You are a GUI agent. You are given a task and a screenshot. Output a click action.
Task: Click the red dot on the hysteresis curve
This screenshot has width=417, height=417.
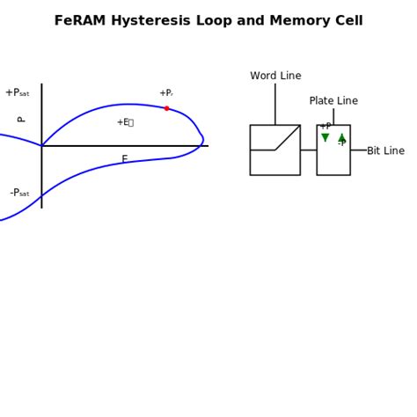coord(166,108)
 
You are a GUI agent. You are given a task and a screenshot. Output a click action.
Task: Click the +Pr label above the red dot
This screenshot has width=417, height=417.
coord(165,93)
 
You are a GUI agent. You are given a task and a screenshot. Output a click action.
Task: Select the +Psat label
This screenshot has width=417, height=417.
coord(17,93)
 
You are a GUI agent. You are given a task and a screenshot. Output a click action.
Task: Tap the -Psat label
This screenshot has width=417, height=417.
coord(19,193)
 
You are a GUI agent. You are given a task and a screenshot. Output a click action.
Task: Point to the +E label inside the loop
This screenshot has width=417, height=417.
coord(124,122)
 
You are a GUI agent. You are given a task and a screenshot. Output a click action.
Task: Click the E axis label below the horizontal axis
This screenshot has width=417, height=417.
coord(124,159)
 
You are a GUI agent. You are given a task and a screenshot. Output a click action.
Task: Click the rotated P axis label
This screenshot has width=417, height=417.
coord(21,120)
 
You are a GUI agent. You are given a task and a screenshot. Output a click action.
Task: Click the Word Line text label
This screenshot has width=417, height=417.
coord(275,77)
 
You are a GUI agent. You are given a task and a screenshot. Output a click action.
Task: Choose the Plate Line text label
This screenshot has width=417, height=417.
coord(333,101)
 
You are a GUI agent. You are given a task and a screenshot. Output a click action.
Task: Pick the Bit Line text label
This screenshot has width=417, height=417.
coord(385,151)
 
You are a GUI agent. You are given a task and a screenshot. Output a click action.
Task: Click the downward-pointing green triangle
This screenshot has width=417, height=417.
coord(326,138)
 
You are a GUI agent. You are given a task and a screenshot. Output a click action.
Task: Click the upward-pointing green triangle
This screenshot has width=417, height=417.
coord(342,138)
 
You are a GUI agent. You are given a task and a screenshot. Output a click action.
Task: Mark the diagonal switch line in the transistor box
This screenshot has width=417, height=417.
coord(288,137)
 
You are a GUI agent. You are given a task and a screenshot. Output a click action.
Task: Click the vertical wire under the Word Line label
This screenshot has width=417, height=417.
coord(275,104)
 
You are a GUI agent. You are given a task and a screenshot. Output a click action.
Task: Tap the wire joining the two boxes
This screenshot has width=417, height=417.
coord(308,150)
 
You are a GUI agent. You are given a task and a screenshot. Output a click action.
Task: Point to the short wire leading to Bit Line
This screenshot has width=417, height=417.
coord(358,150)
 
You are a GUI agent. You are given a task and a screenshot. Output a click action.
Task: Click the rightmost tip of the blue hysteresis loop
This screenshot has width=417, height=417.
coord(203,139)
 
